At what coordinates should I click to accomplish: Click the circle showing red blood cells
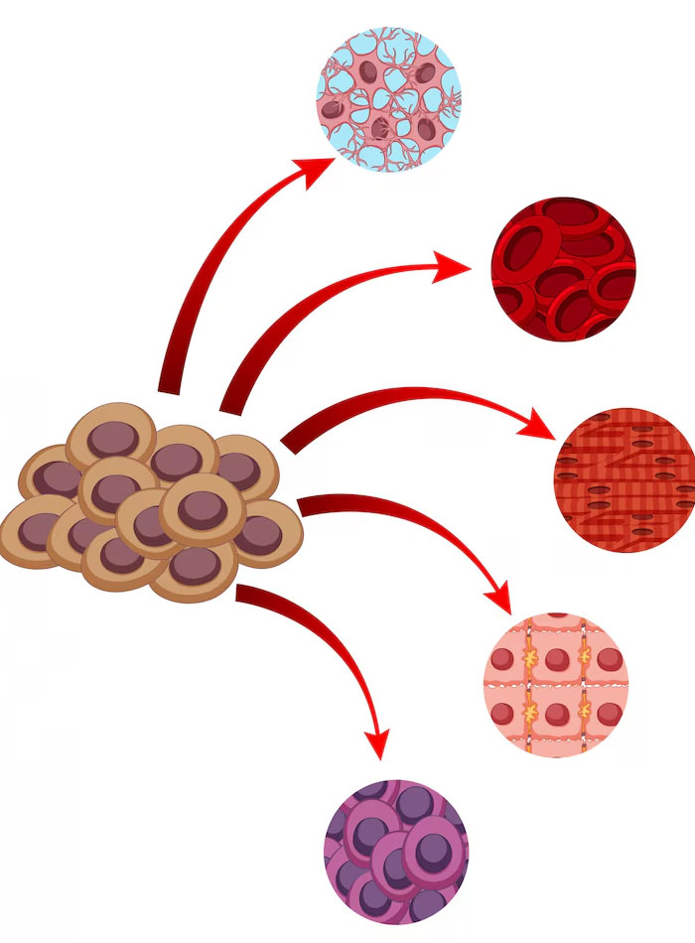click(563, 269)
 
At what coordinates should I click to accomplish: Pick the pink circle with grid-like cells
click(556, 685)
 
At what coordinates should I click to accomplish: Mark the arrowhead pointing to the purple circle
click(377, 743)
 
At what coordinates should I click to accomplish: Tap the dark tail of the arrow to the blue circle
click(170, 382)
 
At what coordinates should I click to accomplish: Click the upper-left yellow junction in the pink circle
click(533, 654)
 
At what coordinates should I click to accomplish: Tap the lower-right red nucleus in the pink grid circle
click(608, 713)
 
